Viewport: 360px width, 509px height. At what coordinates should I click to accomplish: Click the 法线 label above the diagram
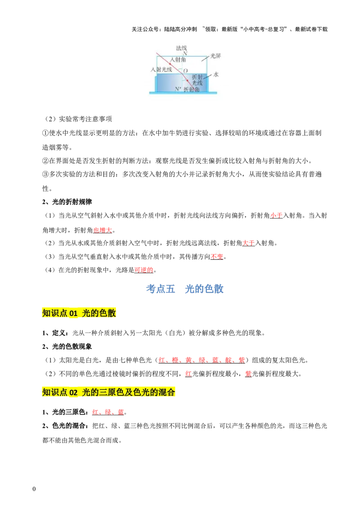pos(181,48)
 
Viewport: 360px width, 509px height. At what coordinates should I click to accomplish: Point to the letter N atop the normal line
pos(185,54)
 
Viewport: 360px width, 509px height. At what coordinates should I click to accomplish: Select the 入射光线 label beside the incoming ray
pos(161,70)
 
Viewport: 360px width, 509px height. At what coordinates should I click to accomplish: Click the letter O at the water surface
pos(185,71)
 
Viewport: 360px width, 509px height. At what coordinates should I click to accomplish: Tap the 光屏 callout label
pos(216,56)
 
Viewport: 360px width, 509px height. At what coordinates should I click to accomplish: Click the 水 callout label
pos(216,74)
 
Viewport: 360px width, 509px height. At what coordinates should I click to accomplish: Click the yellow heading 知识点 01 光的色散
pos(79,313)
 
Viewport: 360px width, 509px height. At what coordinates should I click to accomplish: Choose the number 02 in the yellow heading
pos(74,392)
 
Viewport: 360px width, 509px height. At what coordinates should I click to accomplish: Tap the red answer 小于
pos(276,215)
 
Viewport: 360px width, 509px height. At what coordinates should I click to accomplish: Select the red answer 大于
pos(248,243)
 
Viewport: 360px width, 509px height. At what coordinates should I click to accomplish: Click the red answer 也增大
pos(103,230)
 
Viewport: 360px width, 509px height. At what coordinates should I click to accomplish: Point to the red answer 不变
pos(216,256)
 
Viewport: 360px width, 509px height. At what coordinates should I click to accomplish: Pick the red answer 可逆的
pos(144,270)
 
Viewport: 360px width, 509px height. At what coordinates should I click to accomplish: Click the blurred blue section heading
pos(185,289)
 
